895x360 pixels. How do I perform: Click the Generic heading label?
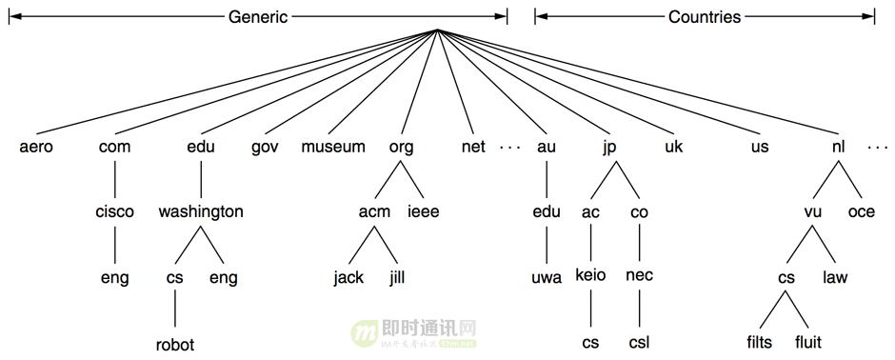coord(257,17)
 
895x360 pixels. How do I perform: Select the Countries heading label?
coord(704,17)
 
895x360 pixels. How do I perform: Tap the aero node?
coord(36,148)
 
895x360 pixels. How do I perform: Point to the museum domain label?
coord(333,148)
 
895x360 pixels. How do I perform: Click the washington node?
coord(201,212)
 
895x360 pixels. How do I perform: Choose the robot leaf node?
coord(175,345)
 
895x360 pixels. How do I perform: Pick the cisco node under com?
coord(115,212)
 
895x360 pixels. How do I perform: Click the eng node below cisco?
coord(115,279)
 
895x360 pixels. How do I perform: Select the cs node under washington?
coord(174,279)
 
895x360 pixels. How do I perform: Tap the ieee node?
coord(424,212)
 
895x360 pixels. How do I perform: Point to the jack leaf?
coord(348,279)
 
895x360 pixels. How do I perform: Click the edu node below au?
coord(547,212)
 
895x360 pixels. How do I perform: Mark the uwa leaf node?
coord(547,279)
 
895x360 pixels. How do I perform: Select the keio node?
coord(591,277)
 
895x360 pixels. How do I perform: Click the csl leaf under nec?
coord(639,343)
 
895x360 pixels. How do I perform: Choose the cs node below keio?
coord(591,343)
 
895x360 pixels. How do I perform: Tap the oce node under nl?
coord(861,212)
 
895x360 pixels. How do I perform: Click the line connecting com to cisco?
coord(115,180)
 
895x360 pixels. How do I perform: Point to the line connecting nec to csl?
coord(639,310)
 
